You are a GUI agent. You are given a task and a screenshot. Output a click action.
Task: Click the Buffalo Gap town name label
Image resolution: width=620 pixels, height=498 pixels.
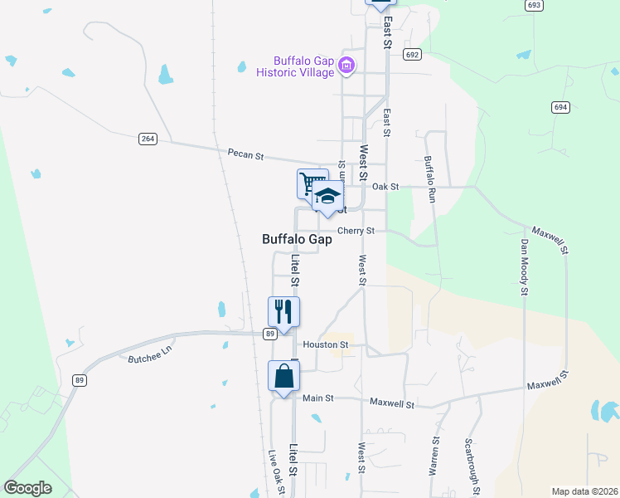pos(297,239)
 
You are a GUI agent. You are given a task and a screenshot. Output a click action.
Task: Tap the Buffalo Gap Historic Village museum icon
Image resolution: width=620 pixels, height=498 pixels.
pos(347,66)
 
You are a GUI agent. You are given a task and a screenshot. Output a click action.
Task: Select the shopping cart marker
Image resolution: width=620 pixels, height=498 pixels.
pos(312,183)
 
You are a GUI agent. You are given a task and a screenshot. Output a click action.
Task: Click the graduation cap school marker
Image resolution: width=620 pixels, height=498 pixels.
pos(327,197)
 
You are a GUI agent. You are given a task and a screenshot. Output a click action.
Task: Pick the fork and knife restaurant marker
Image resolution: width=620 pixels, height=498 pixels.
pos(283,312)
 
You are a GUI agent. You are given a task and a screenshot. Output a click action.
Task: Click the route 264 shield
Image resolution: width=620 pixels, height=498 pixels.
pos(148,139)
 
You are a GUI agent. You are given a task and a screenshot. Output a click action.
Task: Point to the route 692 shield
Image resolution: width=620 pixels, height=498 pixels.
pos(412,54)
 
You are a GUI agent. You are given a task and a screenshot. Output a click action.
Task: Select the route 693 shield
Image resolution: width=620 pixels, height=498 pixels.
pos(534,5)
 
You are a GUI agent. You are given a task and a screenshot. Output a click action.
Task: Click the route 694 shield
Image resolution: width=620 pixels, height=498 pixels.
pos(561,107)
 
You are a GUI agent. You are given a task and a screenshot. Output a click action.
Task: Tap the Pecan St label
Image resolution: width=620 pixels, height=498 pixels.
pos(245,154)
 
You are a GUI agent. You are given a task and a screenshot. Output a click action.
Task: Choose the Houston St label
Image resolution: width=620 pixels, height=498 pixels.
pos(323,344)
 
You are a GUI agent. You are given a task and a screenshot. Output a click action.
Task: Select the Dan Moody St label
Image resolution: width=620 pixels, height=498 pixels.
pos(524,267)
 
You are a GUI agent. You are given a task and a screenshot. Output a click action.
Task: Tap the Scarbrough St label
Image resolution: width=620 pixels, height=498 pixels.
pos(472,466)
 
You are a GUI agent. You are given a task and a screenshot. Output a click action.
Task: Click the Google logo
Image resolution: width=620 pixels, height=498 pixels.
pos(28,488)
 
